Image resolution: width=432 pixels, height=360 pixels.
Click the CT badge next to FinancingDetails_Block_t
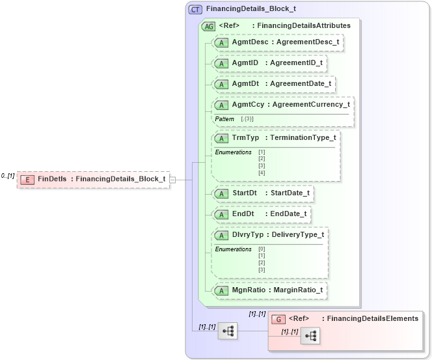point(195,10)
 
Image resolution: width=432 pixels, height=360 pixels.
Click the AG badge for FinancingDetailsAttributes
point(209,26)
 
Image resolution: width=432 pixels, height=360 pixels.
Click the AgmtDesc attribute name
point(249,42)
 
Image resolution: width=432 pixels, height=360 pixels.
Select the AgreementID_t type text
point(295,62)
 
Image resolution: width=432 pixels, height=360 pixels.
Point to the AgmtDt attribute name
point(246,83)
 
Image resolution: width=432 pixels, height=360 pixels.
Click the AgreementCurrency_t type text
point(312,104)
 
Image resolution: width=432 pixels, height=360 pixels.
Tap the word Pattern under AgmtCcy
point(224,119)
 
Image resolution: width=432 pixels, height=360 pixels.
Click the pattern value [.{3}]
point(247,119)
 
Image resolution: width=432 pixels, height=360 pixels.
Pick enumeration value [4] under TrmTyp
point(262,173)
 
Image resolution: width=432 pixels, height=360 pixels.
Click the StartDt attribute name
point(245,193)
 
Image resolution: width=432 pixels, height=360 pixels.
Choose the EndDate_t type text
point(288,214)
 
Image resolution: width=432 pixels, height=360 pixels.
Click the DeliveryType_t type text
point(298,234)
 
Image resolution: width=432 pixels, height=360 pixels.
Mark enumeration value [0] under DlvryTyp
point(262,249)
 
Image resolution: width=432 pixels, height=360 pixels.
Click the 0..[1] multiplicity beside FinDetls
point(8,176)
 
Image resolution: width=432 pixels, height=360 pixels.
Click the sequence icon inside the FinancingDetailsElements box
point(312,336)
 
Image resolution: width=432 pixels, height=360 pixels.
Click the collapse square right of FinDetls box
point(172,179)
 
